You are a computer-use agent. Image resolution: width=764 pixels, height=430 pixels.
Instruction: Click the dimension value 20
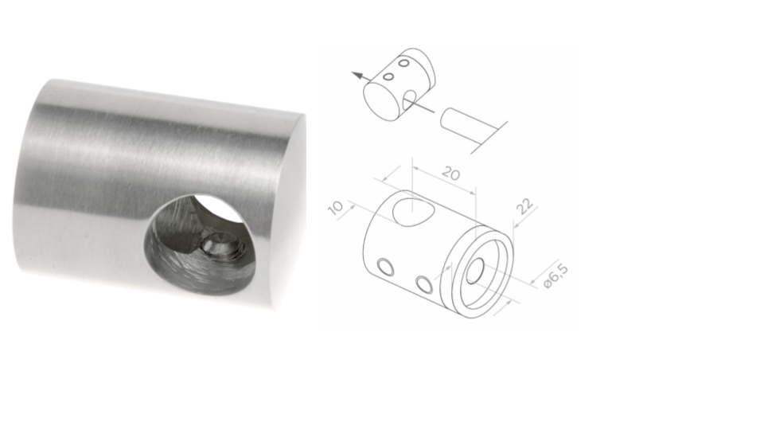[x=450, y=174]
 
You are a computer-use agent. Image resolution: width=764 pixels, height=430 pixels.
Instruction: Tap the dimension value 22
[x=525, y=206]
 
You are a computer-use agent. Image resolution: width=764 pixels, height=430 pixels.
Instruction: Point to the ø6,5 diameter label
[x=555, y=276]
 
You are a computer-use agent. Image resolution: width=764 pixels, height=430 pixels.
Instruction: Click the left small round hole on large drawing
[x=386, y=268]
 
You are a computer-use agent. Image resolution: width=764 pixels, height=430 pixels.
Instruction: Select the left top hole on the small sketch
[x=390, y=76]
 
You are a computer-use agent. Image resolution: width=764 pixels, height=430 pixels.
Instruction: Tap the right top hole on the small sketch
[x=404, y=63]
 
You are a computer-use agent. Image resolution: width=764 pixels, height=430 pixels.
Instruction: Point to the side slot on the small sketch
[x=409, y=100]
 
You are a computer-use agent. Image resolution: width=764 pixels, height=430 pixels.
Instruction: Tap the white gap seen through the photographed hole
[x=221, y=208]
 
